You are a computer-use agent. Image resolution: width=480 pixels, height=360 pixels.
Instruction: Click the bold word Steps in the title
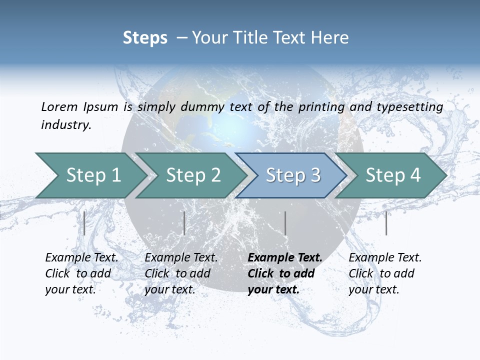pos(145,38)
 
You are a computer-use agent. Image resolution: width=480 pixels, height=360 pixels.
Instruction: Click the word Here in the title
pos(329,38)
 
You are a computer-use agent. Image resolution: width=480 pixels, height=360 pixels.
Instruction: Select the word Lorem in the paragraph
pos(59,106)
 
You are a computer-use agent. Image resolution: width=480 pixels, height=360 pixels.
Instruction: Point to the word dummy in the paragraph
pos(203,106)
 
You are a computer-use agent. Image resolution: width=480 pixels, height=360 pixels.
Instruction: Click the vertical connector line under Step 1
pos(84,223)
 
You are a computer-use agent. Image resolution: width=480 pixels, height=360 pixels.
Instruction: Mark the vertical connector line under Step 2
pos(184,223)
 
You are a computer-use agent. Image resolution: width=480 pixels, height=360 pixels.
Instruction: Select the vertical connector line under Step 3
pos(285,223)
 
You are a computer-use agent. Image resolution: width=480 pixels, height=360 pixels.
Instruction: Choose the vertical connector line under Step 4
pos(386,223)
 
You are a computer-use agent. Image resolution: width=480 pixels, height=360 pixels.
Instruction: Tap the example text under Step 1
pos(81,273)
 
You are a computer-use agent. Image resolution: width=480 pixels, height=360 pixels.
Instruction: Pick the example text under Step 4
pos(384,273)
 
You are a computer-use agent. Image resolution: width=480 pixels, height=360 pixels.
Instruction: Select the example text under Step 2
pos(180,273)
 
